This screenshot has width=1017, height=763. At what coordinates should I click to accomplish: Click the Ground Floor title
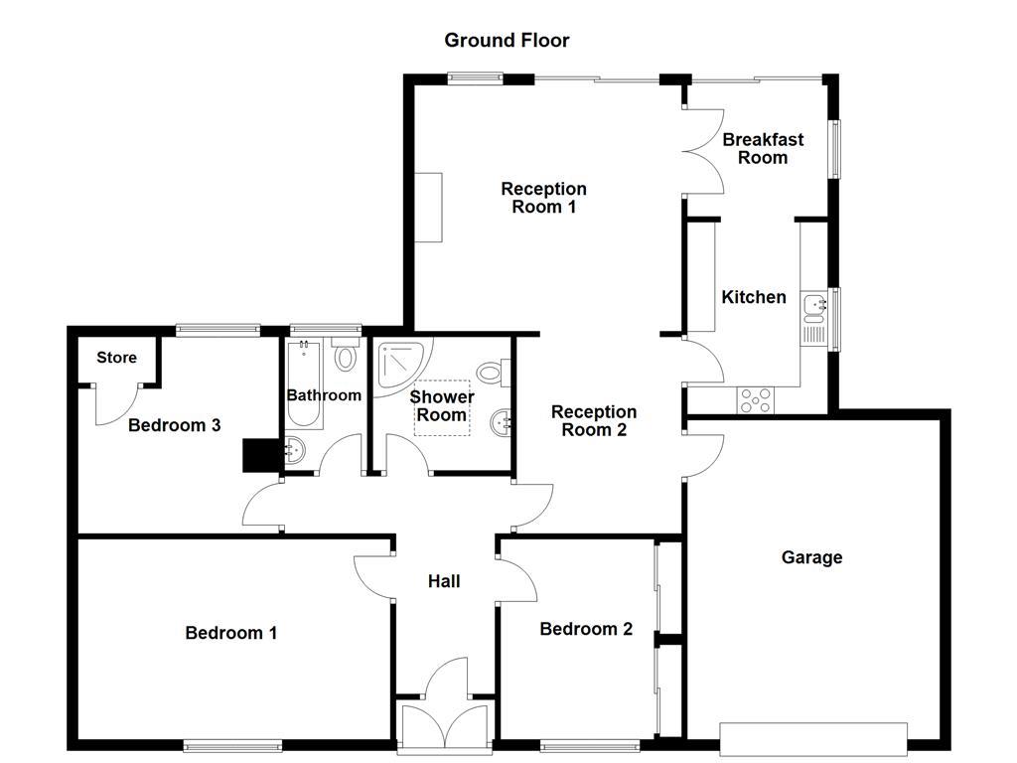point(507,40)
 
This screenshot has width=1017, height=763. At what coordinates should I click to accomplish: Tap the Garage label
point(811,557)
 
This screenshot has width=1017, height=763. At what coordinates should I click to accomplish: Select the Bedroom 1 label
point(230,633)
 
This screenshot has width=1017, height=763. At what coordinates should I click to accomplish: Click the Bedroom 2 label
point(586,629)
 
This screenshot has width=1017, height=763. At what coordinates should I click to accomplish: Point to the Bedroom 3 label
point(174,425)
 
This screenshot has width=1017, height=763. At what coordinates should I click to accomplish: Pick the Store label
point(116,358)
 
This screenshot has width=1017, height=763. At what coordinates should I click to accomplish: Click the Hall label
point(444,581)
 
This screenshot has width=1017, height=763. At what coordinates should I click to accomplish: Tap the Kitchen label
point(754,297)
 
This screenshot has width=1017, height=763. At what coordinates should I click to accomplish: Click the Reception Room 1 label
point(543,198)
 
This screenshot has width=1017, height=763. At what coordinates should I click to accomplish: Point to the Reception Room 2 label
point(594,420)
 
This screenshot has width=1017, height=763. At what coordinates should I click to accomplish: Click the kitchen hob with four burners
point(756,400)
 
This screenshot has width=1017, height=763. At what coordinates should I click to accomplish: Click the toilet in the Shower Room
point(491,374)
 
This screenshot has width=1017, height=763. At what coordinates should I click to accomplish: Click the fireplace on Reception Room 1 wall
point(428,207)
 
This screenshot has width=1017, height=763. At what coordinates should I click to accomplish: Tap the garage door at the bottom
point(813,737)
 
